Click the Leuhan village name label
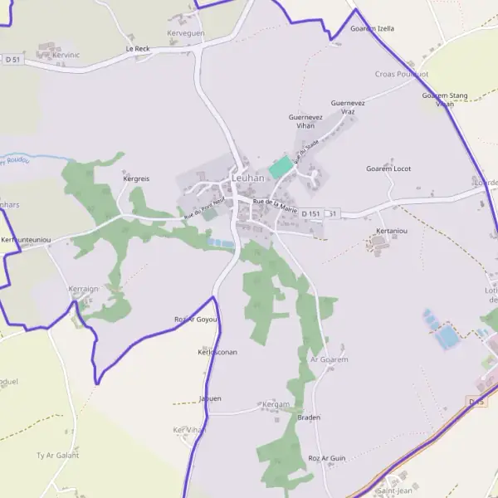click(x=247, y=178)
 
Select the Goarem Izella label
click(x=372, y=28)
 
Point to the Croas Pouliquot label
click(x=402, y=74)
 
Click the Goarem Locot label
click(x=388, y=168)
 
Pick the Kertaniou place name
click(x=392, y=231)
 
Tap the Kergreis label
click(x=136, y=178)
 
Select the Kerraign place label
click(x=83, y=288)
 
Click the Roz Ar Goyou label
click(x=196, y=320)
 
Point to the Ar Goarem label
click(x=329, y=359)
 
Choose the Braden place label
click(x=309, y=417)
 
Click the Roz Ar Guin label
click(x=326, y=458)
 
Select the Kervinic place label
click(x=66, y=55)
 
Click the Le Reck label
click(x=138, y=49)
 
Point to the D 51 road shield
click(x=12, y=59)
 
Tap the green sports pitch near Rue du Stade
click(x=281, y=165)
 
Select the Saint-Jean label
click(x=394, y=491)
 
